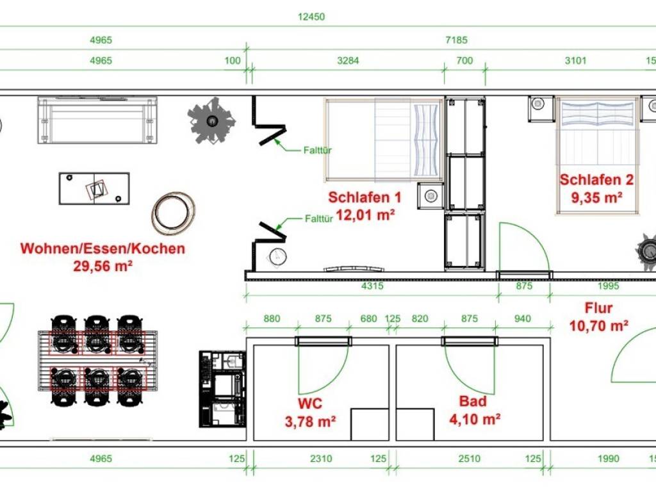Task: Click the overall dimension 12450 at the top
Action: tap(311, 17)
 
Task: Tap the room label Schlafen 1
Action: tap(365, 197)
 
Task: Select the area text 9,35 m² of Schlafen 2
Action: tap(596, 197)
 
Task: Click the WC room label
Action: tap(310, 404)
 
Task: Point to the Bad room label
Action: tap(473, 401)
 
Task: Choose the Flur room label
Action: tap(599, 308)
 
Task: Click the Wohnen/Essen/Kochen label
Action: tap(102, 248)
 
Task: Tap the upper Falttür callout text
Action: tap(318, 150)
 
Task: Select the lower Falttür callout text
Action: tap(319, 218)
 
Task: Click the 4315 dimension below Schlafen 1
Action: tap(372, 286)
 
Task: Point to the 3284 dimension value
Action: tap(348, 61)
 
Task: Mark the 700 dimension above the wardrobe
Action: tap(464, 61)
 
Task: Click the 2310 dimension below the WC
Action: tap(321, 459)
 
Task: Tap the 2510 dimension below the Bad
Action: tap(469, 459)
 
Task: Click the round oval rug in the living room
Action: tap(173, 213)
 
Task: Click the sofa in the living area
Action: tap(97, 120)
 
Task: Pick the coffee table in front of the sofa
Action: tap(94, 188)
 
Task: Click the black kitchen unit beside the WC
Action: tap(222, 389)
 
